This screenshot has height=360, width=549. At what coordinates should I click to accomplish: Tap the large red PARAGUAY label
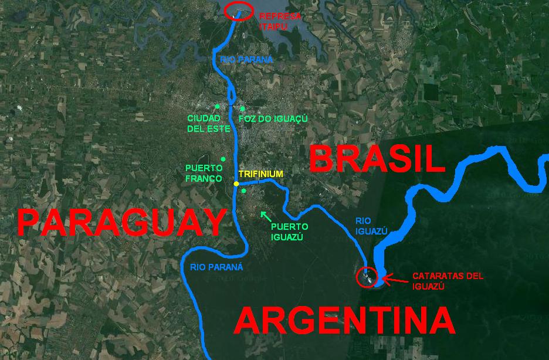point(121,223)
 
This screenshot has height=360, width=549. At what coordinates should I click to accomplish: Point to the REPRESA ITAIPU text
point(280,21)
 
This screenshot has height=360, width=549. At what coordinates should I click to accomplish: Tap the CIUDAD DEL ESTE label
point(205,123)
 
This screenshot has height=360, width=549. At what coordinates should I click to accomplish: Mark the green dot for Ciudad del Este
point(216,106)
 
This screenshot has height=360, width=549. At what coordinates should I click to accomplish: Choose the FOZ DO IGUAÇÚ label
point(273,118)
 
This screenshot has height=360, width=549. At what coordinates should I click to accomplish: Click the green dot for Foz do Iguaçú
point(242,108)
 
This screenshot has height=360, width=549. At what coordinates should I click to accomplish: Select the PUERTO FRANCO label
point(204,174)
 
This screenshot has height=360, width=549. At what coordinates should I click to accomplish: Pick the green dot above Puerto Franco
point(222,159)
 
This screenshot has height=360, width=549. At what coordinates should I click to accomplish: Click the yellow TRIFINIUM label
point(260,174)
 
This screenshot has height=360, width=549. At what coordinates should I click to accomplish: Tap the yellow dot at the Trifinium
point(236,184)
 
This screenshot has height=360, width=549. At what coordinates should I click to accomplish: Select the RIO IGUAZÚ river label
point(372,226)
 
